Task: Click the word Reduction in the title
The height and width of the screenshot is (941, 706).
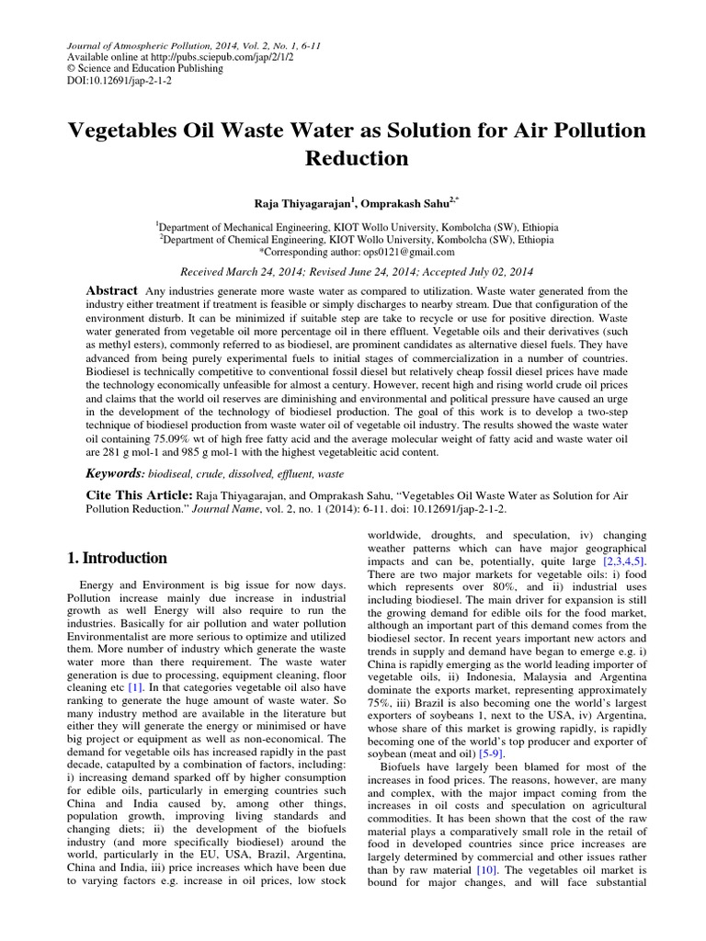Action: click(357, 158)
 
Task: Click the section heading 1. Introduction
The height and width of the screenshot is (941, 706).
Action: click(119, 558)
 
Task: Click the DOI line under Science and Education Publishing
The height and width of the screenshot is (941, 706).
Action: click(117, 81)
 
